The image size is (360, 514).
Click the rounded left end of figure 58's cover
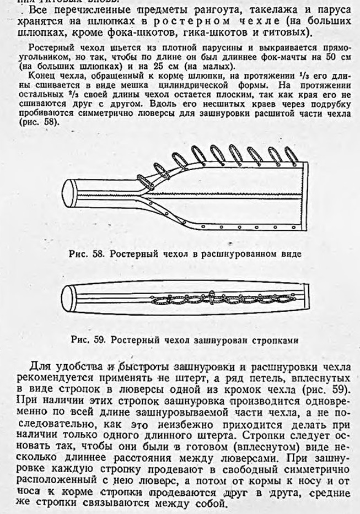(69, 191)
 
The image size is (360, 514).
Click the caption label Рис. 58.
(84, 254)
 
